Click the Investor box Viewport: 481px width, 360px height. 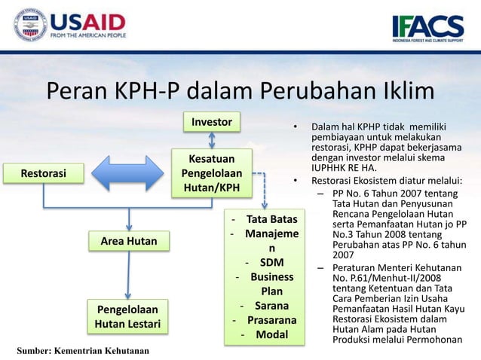coord(212,121)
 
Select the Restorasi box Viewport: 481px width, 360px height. coord(43,174)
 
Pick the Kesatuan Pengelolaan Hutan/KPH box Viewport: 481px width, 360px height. coord(211,172)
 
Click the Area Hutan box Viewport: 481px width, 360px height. coord(129,241)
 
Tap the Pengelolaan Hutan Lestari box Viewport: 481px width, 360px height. coord(129,317)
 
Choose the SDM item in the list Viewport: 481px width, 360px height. coord(271,263)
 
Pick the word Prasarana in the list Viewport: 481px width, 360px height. coord(271,320)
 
